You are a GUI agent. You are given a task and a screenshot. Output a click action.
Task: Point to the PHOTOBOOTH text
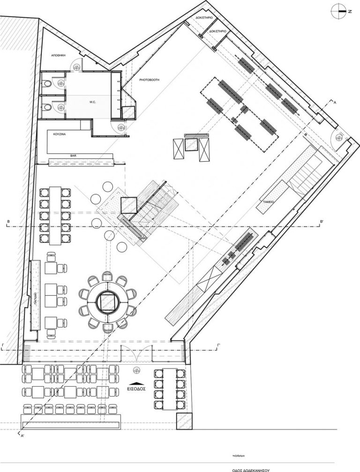(149, 80)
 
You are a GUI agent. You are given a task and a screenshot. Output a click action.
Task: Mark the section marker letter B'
(322, 221)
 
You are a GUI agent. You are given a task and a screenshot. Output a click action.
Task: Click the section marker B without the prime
(8, 221)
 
